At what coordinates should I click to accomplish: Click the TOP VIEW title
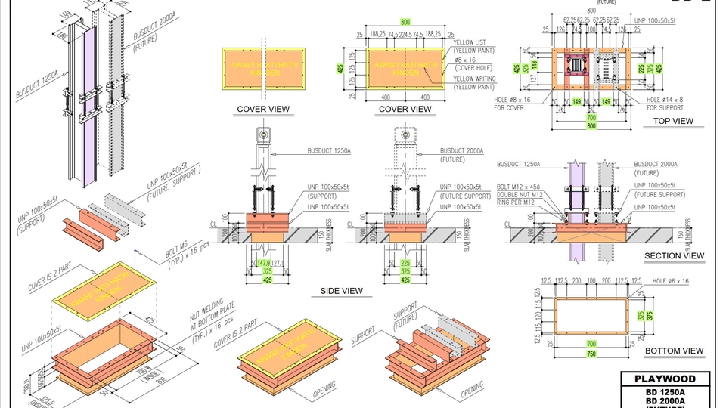click(672, 121)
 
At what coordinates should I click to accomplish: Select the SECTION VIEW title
click(674, 256)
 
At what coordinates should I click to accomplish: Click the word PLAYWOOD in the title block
click(665, 379)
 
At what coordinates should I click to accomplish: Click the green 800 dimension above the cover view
click(405, 23)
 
